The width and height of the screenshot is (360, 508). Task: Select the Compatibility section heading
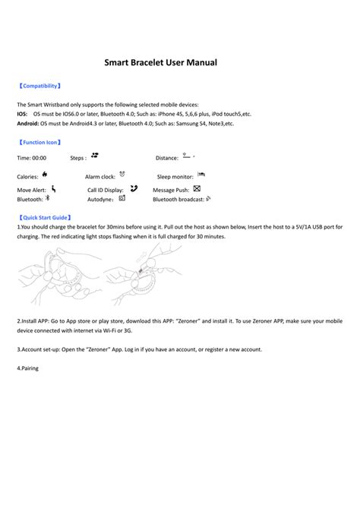(x=39, y=87)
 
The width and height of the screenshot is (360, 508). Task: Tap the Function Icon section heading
(x=39, y=142)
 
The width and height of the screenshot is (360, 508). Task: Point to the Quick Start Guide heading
(x=44, y=217)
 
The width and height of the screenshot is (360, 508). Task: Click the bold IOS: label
(x=22, y=113)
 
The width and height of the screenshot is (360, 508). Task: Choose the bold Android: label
(x=28, y=122)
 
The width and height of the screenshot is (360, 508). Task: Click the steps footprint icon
(x=95, y=155)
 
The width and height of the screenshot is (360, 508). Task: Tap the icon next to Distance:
(x=187, y=156)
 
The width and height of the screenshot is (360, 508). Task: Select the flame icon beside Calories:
(x=46, y=174)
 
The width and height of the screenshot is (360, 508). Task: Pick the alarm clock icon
(x=122, y=174)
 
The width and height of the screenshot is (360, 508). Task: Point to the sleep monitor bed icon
(x=201, y=174)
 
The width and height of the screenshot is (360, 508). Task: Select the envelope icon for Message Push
(x=197, y=188)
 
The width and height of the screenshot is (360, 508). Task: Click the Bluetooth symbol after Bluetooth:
(x=47, y=197)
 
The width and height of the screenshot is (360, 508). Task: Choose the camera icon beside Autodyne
(x=122, y=197)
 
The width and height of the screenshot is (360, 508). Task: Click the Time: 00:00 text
(x=32, y=158)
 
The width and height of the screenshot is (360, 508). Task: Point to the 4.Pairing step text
(x=27, y=368)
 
